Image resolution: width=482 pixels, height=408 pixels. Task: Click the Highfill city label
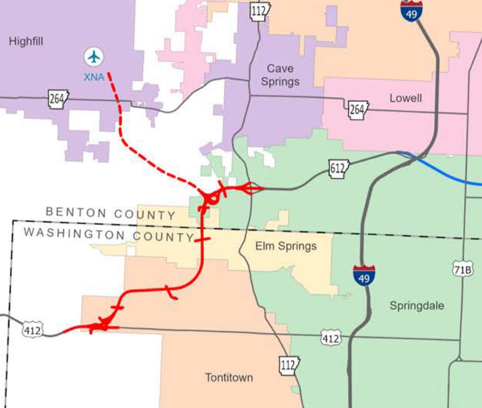coord(26,42)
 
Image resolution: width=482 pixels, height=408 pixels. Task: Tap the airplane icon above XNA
coord(94,57)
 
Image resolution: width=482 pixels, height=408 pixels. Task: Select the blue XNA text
coord(94,78)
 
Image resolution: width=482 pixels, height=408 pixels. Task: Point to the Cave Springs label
coord(280,75)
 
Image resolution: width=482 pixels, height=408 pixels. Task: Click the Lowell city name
coord(406,98)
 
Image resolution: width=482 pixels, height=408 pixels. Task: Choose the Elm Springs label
coord(286,246)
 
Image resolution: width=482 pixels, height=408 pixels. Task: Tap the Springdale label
coord(417,306)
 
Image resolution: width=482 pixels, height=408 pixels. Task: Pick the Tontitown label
coord(229,377)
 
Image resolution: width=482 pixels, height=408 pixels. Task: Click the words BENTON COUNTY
coord(110,213)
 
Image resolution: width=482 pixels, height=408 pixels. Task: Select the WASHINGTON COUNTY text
coord(108,235)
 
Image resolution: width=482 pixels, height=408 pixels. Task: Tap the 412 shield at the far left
coord(32,330)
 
